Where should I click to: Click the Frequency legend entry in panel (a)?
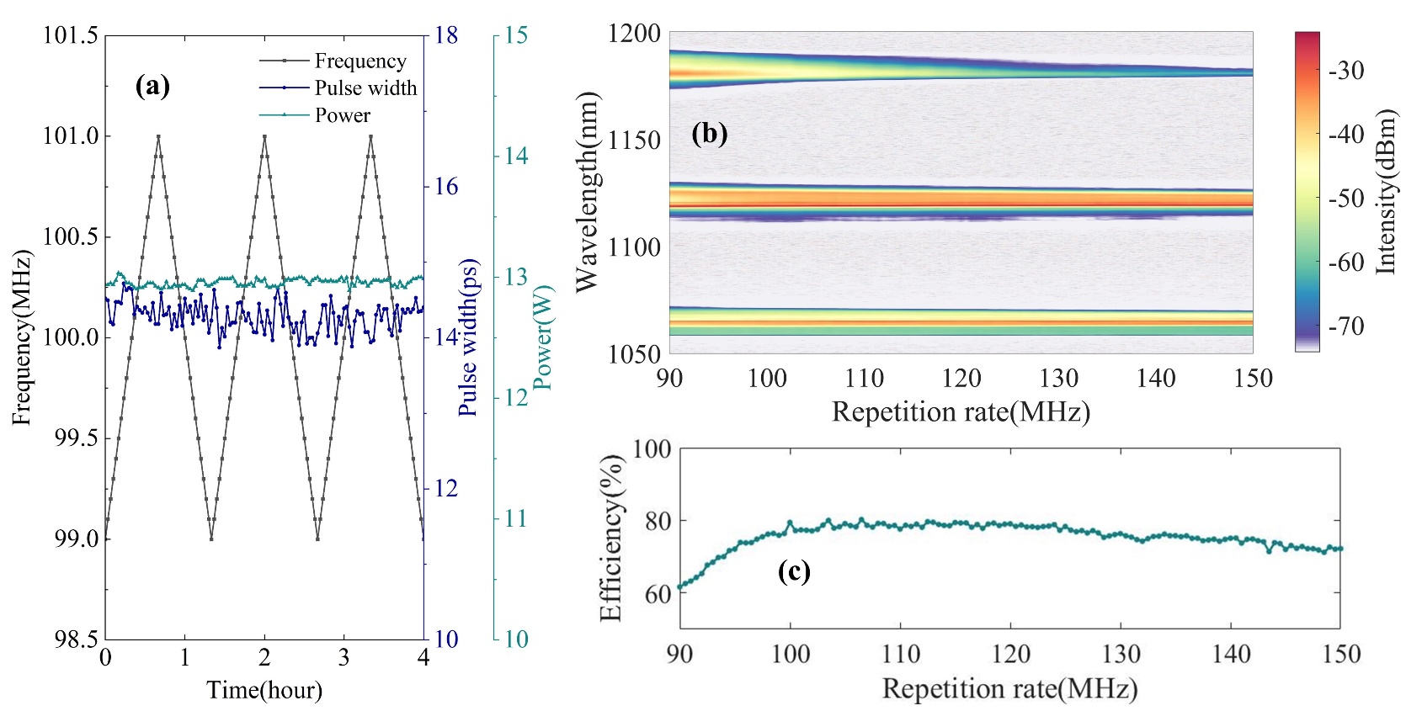coord(359,61)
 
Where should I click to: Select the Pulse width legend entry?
coord(365,88)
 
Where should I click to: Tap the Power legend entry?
coord(342,114)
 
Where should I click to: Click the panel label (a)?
coord(152,85)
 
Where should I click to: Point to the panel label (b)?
coord(709,133)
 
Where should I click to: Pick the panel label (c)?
coord(794,571)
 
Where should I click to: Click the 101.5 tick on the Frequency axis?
coord(71,35)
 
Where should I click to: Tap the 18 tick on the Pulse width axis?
coord(446,35)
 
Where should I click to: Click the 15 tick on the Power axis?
coord(516,35)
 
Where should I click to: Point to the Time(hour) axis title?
coord(264,690)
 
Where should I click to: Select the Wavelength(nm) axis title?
coord(587,192)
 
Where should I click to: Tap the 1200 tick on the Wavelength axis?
coord(634,34)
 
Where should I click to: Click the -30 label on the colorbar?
coord(1345,71)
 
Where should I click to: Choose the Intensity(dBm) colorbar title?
coord(1386,192)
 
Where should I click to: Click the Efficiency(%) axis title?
coord(611,539)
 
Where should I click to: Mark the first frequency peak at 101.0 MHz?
coord(158,135)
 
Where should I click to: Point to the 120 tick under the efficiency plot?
coord(1010,654)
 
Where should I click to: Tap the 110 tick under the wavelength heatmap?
coord(864,378)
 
